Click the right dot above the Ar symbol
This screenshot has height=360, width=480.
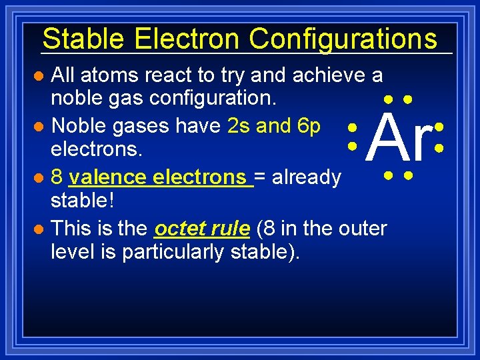click(x=408, y=99)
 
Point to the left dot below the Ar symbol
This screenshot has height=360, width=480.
click(x=387, y=177)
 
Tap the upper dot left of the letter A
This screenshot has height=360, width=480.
click(x=351, y=126)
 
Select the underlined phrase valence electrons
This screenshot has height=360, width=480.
click(x=160, y=177)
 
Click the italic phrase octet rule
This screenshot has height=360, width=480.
click(x=202, y=229)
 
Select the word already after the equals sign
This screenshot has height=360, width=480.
click(x=308, y=177)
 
